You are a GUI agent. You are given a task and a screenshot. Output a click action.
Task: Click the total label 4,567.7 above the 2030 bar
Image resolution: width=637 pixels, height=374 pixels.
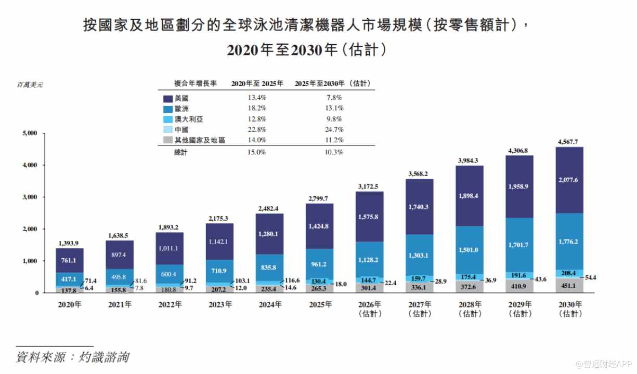[x=568, y=142]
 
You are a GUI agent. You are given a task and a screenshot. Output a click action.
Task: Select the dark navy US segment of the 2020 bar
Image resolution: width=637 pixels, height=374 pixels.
[x=70, y=260]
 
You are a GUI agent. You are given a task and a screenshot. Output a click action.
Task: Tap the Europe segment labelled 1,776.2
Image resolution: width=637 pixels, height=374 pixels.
[x=569, y=242]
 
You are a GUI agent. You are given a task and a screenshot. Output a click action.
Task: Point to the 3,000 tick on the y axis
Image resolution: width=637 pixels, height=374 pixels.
[x=30, y=197]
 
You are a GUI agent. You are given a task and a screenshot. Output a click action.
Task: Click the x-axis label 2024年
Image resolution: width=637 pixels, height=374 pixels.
[x=270, y=304]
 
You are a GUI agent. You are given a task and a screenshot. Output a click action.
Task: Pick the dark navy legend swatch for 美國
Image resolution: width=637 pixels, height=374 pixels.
[x=168, y=99]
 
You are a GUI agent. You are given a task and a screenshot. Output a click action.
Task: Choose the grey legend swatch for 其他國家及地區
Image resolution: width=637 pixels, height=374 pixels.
[x=168, y=140]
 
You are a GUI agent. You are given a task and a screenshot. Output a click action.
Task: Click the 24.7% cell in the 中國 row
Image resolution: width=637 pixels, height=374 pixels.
[x=334, y=129]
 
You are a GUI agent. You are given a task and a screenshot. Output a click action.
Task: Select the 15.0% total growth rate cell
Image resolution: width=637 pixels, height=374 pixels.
[x=256, y=152]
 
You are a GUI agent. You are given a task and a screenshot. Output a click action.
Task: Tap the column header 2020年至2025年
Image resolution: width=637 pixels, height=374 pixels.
[x=257, y=84]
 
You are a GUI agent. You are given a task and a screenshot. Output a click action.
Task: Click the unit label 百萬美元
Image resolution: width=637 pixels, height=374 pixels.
[x=30, y=85]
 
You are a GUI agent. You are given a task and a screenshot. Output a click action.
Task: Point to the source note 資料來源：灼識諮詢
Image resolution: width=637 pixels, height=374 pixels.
[x=72, y=357]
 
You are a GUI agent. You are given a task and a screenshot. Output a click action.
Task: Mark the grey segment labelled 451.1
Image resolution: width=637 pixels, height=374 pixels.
[x=569, y=285]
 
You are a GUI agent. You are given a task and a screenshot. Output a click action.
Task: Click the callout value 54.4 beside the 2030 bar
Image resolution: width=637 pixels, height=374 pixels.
[x=590, y=277]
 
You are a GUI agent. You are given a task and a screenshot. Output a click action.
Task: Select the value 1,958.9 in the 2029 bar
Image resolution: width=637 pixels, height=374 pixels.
[x=518, y=186]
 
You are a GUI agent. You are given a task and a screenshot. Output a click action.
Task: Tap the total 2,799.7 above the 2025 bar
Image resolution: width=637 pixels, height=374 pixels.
[x=318, y=198]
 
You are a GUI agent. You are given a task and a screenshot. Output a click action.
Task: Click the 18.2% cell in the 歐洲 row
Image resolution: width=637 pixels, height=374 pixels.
[x=257, y=108]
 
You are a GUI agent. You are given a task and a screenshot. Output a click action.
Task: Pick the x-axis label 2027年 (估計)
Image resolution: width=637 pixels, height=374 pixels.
[x=420, y=309]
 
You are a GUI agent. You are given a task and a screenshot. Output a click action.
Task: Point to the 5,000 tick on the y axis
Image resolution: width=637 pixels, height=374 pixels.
[x=30, y=133]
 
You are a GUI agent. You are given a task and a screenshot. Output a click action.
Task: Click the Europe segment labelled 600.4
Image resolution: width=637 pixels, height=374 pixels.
[x=170, y=274]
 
